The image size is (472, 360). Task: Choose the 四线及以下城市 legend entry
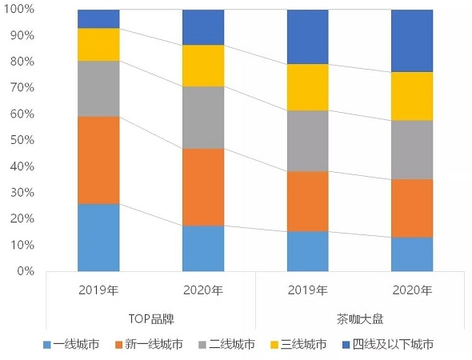[388, 345]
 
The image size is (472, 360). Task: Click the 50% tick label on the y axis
[22, 140]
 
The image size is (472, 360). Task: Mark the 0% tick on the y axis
[25, 271]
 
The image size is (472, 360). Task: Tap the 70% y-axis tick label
[22, 88]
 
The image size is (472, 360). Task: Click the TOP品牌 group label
[150, 318]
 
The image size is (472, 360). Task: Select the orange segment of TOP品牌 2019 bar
[98, 160]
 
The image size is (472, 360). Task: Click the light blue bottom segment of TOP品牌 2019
[98, 237]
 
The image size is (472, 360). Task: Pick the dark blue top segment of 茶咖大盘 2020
[412, 41]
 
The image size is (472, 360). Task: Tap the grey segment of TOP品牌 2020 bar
[203, 118]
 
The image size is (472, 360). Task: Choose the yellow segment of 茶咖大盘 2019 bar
[307, 87]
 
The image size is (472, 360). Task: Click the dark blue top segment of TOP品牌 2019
[98, 19]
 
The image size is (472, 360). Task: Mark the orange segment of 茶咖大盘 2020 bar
[412, 208]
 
